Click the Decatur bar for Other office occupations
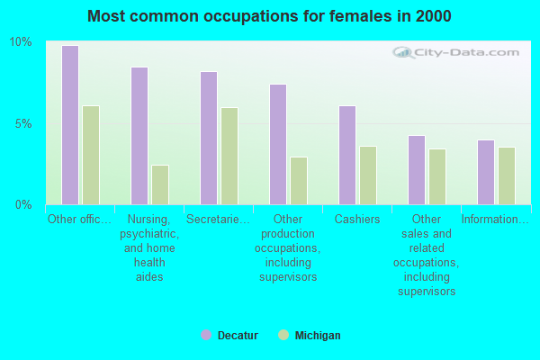(69, 125)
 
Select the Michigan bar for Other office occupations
(91, 155)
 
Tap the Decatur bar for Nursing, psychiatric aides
(139, 136)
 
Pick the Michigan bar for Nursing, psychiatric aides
(160, 184)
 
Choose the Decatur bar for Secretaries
(208, 138)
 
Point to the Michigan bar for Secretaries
(229, 156)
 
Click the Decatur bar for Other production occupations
(277, 144)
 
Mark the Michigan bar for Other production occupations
(299, 181)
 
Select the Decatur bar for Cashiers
(346, 155)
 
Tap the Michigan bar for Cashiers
(368, 175)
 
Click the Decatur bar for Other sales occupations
(416, 170)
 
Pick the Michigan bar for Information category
(507, 175)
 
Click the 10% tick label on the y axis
(21, 42)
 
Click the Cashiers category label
(357, 220)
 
